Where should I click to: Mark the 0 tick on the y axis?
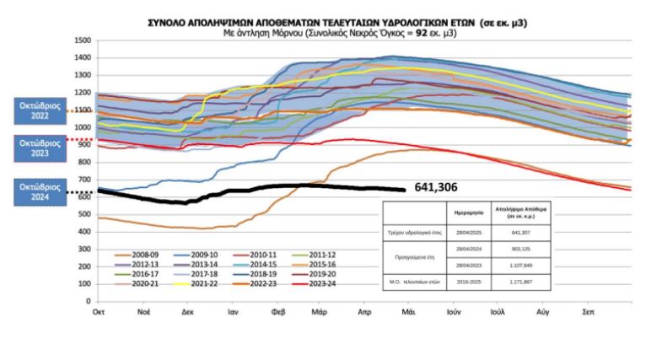(x=89, y=300)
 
